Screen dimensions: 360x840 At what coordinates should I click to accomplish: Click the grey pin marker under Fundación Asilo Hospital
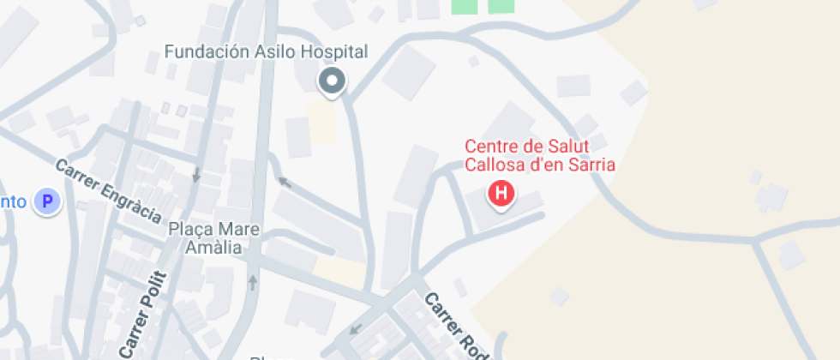click(332, 82)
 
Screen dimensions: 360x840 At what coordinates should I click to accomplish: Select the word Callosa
click(494, 165)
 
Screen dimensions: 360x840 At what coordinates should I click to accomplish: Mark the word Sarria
click(593, 165)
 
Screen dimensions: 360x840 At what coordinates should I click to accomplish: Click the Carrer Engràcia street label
click(108, 189)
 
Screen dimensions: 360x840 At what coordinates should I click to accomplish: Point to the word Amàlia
click(213, 247)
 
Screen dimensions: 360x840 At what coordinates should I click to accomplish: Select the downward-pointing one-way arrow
click(196, 174)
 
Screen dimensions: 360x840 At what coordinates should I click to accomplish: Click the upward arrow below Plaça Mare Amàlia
click(253, 282)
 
